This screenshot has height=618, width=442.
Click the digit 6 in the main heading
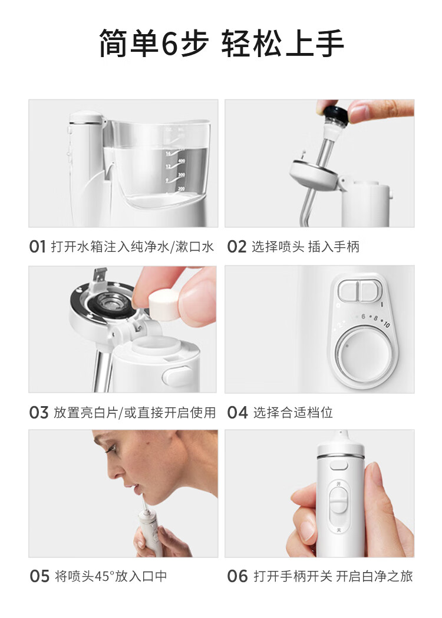[x=170, y=44]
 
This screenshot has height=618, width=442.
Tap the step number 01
[x=38, y=247]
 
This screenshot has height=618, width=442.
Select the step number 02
[x=237, y=247]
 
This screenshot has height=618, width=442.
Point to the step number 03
[x=39, y=413]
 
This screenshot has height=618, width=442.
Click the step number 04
[x=238, y=413]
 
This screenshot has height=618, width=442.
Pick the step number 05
[x=39, y=576]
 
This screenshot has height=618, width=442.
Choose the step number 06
[x=238, y=576]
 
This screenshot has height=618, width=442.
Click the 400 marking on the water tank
[x=181, y=161]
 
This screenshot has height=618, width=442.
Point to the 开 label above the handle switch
[x=338, y=483]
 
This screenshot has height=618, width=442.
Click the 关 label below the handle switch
[x=339, y=530]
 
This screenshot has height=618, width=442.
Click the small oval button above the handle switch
[x=339, y=465]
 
